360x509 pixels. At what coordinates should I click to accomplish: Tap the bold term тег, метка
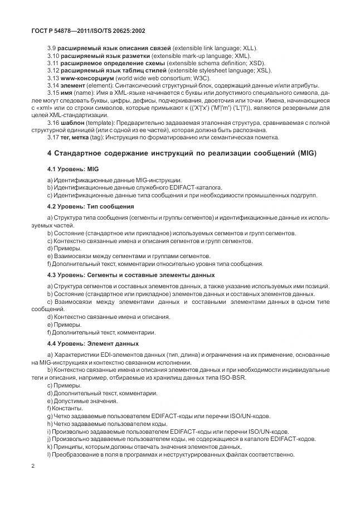(x=79, y=137)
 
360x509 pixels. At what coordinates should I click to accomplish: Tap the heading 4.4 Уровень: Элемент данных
(x=93, y=343)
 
